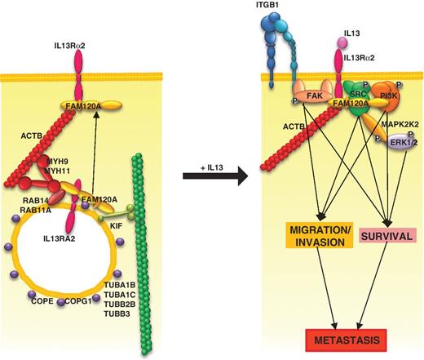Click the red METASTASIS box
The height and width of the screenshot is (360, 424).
[x=343, y=338]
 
